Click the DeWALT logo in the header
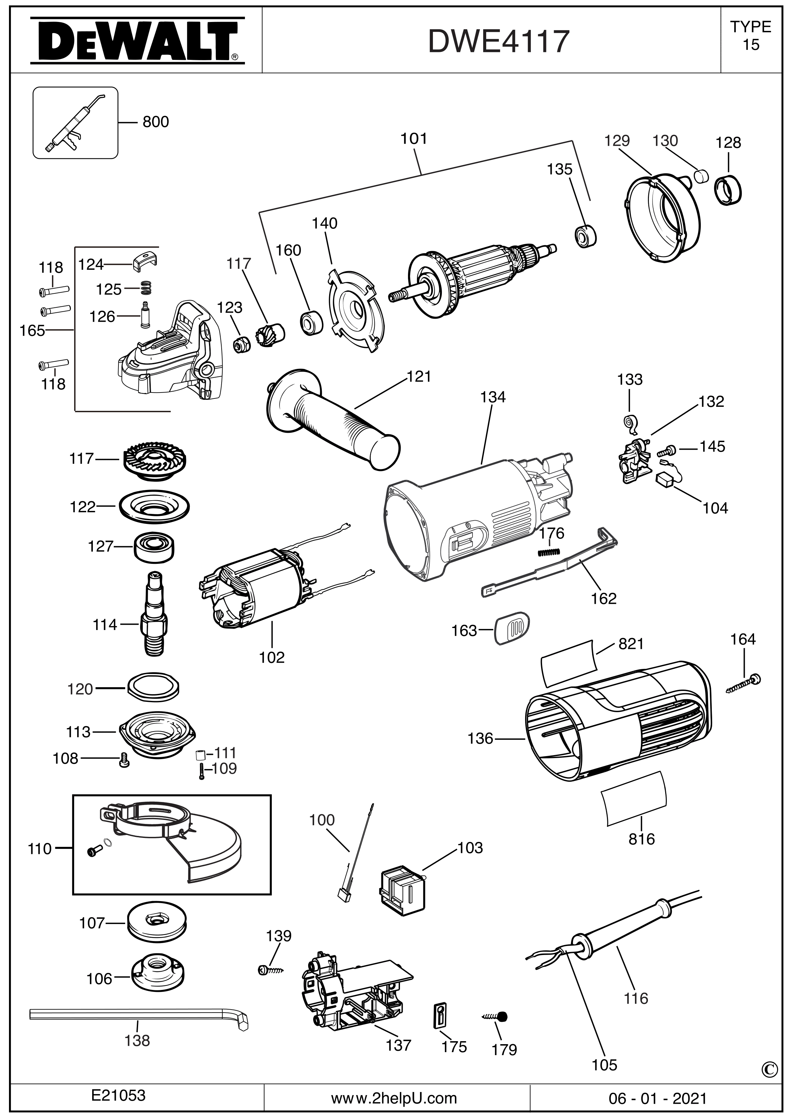[x=137, y=41]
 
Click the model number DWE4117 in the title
[x=498, y=42]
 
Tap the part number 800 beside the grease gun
[x=156, y=121]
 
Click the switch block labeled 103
[x=403, y=891]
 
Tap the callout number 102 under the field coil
[x=272, y=657]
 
